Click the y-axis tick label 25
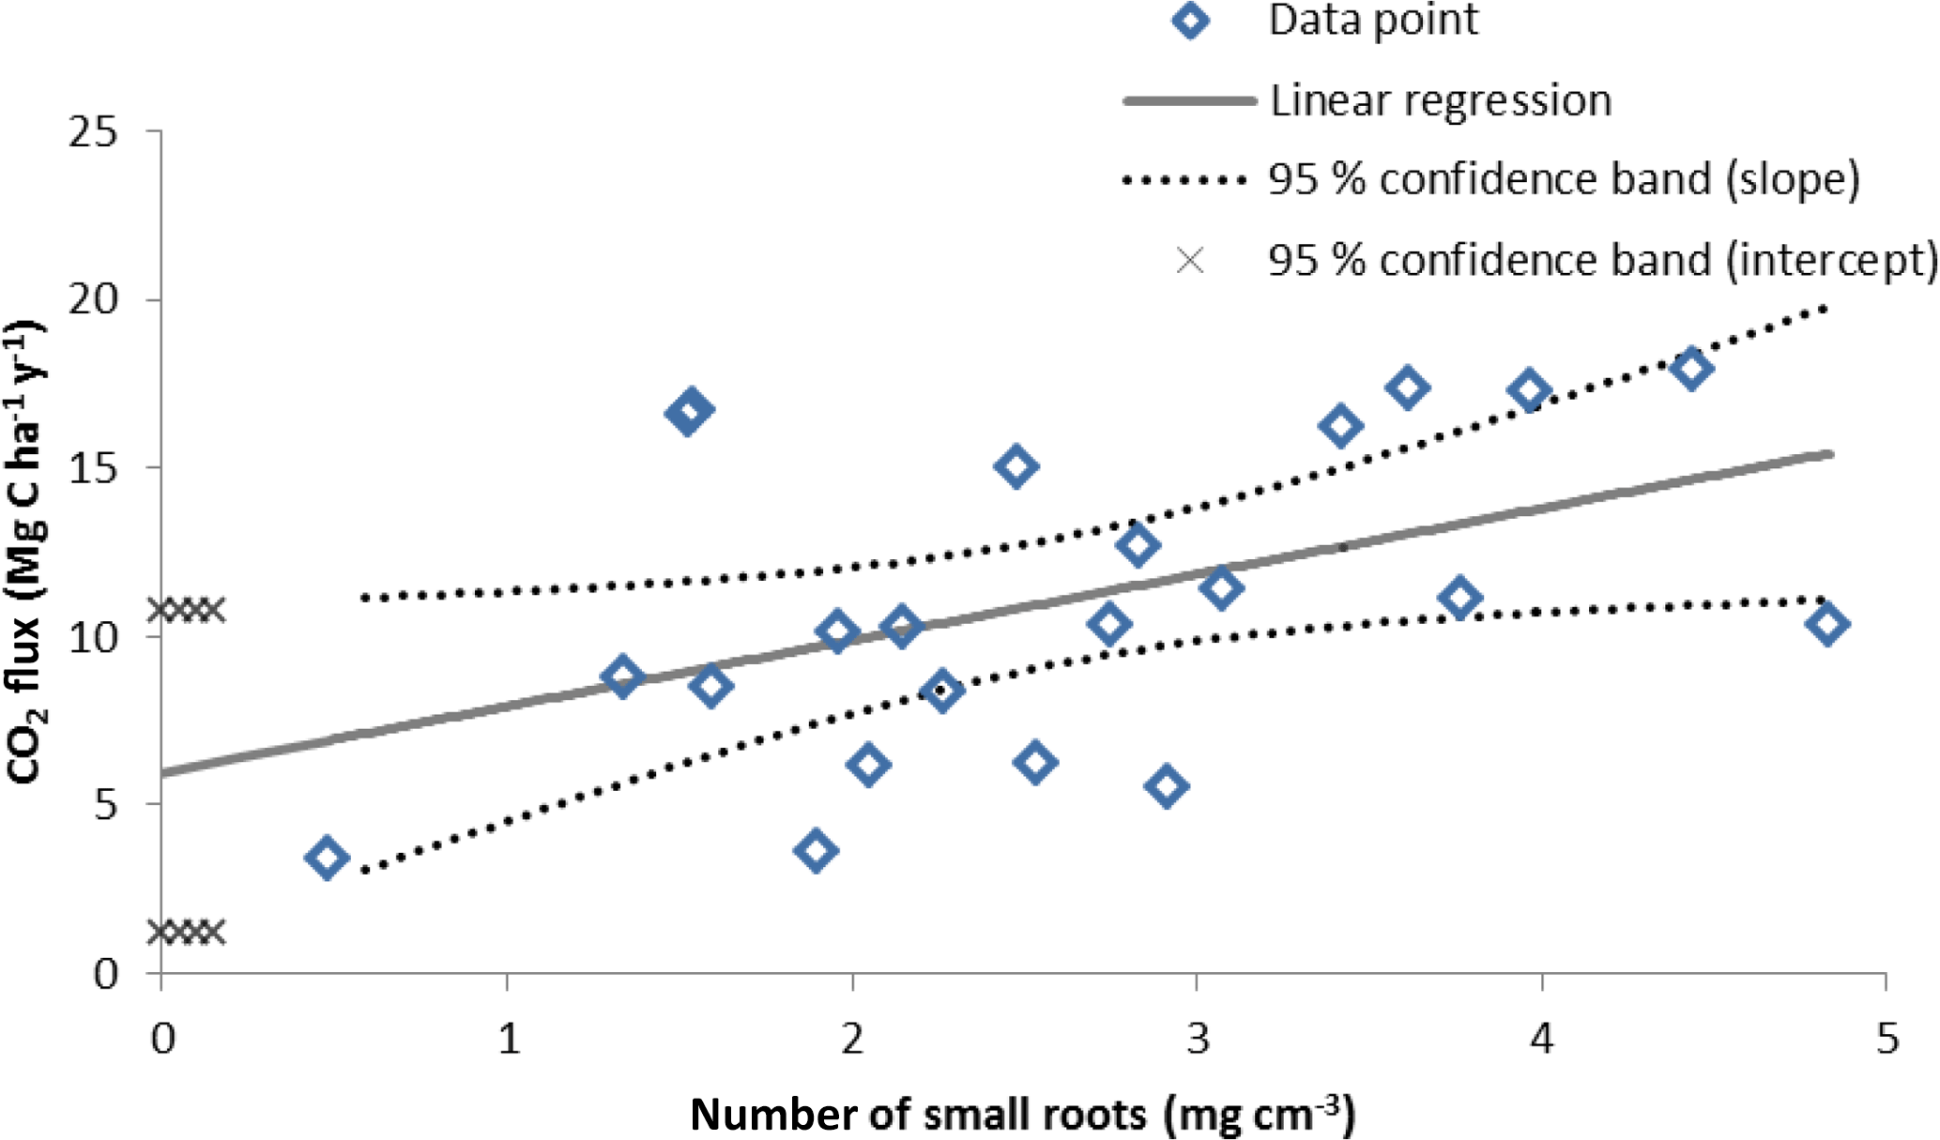(93, 132)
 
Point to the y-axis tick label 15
(93, 467)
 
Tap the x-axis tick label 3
(1198, 1039)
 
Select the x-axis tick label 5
(1887, 1039)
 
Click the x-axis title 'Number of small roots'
(1022, 1115)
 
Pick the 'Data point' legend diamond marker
(1190, 20)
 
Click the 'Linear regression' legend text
(1440, 100)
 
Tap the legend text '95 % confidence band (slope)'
(1563, 179)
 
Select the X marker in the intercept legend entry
(1190, 260)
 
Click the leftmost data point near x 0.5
(327, 858)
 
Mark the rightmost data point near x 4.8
(1827, 624)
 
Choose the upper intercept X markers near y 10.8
(188, 611)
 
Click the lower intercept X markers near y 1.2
(188, 933)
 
